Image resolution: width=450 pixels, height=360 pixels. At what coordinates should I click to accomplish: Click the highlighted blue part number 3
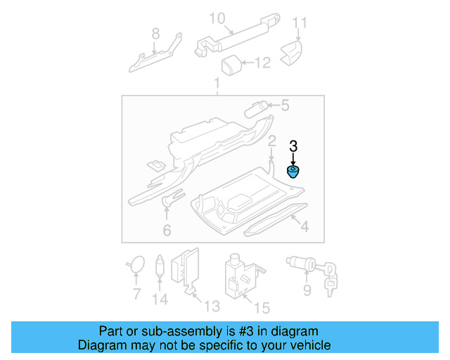292,172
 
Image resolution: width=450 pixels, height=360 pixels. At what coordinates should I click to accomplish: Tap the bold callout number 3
293,147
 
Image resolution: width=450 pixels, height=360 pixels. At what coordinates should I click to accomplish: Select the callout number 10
217,17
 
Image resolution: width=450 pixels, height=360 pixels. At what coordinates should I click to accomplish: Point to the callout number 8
155,33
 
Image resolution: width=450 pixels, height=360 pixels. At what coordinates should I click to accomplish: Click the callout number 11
300,22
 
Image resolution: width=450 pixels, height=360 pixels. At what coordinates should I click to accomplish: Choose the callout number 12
262,63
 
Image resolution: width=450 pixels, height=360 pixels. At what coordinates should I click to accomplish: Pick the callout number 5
284,106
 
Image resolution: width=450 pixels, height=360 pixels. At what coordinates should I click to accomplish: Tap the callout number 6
167,230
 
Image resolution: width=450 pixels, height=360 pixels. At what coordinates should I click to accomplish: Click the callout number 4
304,226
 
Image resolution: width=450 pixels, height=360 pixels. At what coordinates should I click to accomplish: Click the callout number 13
211,306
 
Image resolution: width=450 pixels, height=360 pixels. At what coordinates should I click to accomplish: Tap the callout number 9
306,290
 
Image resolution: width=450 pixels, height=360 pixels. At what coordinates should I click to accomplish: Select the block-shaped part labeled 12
232,65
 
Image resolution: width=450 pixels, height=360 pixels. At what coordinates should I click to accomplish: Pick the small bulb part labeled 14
160,265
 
